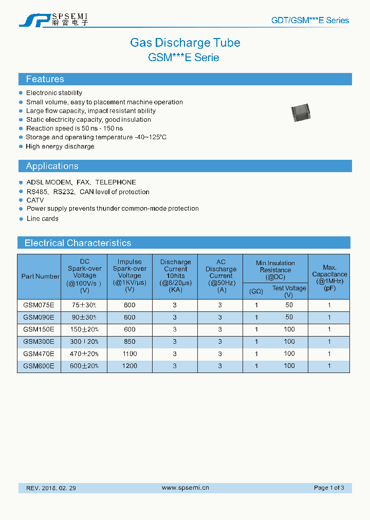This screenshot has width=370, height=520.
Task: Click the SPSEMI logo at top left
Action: point(53,20)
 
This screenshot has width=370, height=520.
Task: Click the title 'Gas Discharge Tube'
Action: point(185,43)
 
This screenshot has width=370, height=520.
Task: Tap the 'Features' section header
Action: point(45,79)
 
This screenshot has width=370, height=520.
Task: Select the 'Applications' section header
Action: point(52,166)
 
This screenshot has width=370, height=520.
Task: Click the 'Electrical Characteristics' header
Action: point(78,243)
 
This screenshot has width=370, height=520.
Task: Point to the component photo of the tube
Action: point(301,112)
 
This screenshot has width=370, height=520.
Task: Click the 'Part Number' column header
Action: point(40,276)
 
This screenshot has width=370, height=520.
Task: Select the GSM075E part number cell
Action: point(39,305)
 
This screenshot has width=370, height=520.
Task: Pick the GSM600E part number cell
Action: point(39,366)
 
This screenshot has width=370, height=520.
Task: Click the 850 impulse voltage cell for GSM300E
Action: point(129,342)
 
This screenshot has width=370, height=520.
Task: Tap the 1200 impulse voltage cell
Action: point(129,366)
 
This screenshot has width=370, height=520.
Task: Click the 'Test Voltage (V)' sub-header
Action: point(289,291)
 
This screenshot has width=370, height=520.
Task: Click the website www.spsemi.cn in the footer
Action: point(185,488)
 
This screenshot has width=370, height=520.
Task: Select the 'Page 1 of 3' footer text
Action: point(329,488)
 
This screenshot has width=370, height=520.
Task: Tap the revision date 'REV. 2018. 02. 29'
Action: point(51,488)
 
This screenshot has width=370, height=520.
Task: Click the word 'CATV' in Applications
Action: point(35,200)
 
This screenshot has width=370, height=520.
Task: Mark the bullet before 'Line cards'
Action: point(21,218)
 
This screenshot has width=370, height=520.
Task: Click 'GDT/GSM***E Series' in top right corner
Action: point(310,21)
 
